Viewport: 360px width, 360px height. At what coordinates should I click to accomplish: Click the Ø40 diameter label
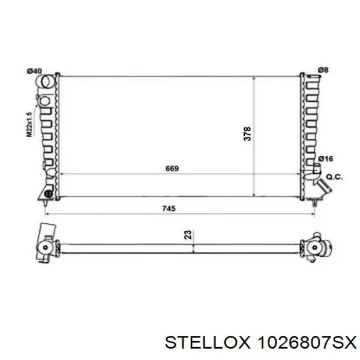coord(34,71)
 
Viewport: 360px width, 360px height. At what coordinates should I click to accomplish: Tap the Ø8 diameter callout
coord(323,70)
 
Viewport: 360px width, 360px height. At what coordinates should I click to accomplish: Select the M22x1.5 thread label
coord(29,124)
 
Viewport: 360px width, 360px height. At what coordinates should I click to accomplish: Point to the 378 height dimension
coord(247,134)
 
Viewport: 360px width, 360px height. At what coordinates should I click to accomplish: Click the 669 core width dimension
coord(172,168)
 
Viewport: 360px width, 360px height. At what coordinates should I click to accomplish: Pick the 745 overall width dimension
coord(169,208)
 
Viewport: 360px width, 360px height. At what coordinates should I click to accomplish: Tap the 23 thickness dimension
coord(188,235)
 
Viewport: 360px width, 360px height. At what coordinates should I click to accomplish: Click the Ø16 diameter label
coord(326,158)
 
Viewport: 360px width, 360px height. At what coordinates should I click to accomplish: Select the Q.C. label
coord(334,177)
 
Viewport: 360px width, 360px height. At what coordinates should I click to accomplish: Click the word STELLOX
coord(207,343)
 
